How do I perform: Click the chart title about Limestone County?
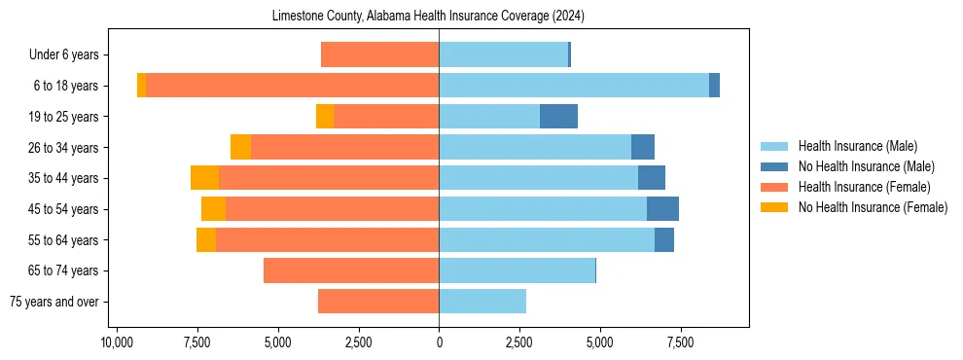[x=439, y=17]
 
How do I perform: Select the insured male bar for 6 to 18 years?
[x=574, y=86]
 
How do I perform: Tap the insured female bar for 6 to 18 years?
[x=292, y=86]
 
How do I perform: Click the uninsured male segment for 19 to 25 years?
[x=558, y=117]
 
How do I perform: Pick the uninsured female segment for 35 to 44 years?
[x=204, y=178]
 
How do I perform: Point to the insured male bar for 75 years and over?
[x=482, y=302]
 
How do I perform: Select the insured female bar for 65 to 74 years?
[x=351, y=270]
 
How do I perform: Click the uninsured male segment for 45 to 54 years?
[x=662, y=209]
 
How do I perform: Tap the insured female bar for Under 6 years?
[x=379, y=55]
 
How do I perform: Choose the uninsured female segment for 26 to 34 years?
[x=240, y=147]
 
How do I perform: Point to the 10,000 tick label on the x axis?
[x=117, y=342]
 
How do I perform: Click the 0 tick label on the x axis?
[x=439, y=342]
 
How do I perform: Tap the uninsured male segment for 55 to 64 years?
[x=664, y=239]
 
